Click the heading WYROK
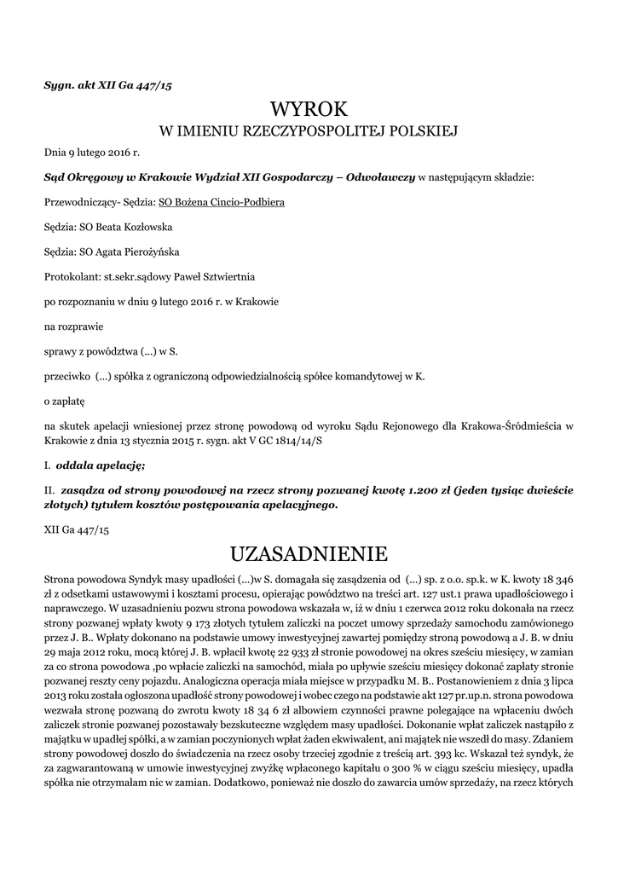[309, 110]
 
